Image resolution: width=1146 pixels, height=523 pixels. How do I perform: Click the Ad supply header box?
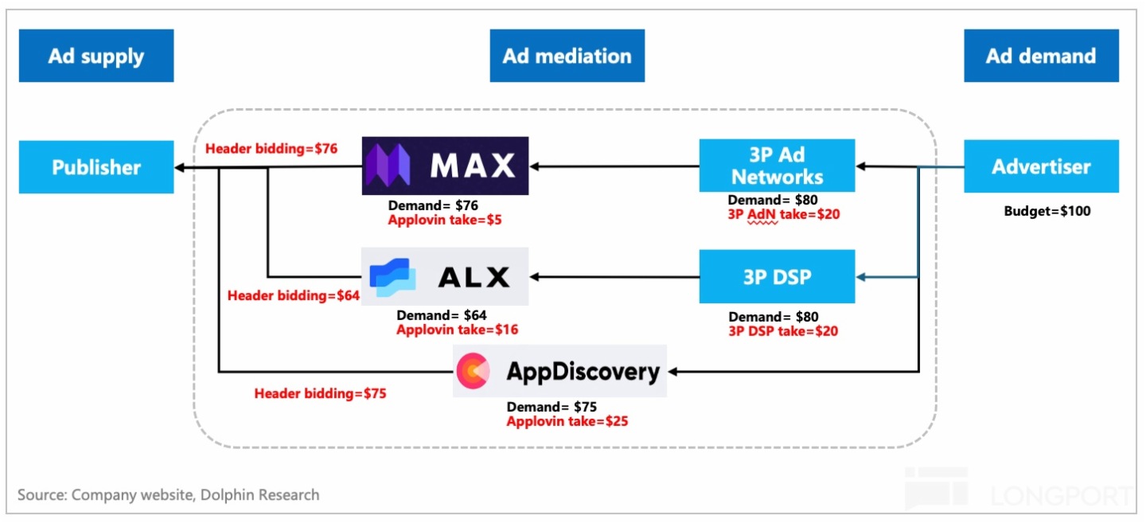[x=96, y=56]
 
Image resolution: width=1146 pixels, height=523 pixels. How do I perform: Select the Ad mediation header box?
[x=567, y=56]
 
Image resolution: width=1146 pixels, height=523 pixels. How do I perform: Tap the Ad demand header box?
[x=1041, y=56]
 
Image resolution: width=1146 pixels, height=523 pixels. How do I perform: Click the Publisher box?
[x=96, y=167]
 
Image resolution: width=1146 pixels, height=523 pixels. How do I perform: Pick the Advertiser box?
[x=1041, y=166]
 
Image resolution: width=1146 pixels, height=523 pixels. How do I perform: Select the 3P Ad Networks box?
[x=777, y=166]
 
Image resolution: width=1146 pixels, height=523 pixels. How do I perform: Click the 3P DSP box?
[x=777, y=276]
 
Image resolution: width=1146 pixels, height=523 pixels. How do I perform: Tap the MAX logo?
[x=445, y=166]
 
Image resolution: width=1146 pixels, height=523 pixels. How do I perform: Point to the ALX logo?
[x=445, y=276]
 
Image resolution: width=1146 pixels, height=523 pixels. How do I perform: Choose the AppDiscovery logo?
[x=559, y=371]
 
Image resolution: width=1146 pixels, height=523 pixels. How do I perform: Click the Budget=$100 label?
[x=1047, y=212]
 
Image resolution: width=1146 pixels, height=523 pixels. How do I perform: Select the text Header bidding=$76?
[x=271, y=148]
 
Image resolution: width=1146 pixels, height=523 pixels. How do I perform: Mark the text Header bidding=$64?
[x=293, y=295]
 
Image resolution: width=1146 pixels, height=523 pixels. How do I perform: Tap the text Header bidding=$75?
[x=320, y=392]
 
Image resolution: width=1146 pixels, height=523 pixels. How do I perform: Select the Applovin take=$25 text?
[x=567, y=420]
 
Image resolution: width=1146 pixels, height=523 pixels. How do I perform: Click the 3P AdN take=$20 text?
[x=784, y=213]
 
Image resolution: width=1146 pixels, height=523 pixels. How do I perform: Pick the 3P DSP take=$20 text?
[x=783, y=330]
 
